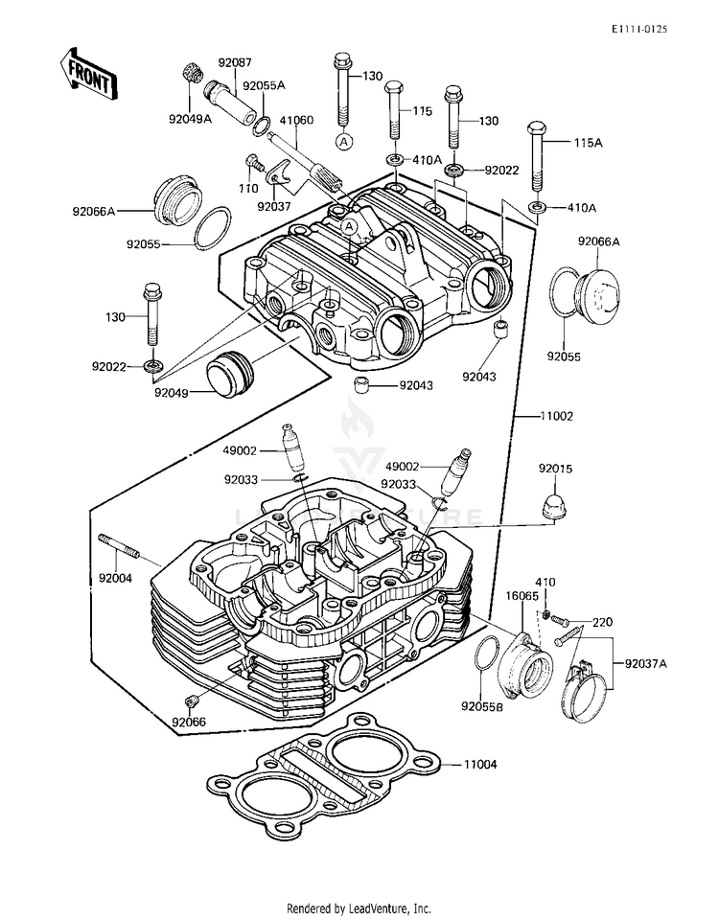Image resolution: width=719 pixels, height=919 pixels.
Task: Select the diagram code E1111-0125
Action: click(x=639, y=29)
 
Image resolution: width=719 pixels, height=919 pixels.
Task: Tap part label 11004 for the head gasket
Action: click(x=479, y=765)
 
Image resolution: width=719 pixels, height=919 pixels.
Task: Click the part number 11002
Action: click(x=556, y=416)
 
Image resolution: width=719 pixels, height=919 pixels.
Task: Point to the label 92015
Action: click(x=555, y=469)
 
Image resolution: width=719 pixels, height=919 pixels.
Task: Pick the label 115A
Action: click(x=589, y=143)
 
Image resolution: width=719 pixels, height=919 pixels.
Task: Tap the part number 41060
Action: click(x=296, y=120)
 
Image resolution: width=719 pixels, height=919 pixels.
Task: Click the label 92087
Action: click(x=235, y=62)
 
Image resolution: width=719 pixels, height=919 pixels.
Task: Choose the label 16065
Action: click(x=522, y=596)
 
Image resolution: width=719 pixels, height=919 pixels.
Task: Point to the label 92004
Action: click(x=115, y=578)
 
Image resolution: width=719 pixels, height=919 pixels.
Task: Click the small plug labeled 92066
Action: click(x=191, y=701)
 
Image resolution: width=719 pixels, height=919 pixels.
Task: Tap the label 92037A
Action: click(x=645, y=664)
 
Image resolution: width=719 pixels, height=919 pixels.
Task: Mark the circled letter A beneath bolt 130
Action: click(x=344, y=141)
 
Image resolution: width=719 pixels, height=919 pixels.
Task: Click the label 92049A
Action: click(x=190, y=119)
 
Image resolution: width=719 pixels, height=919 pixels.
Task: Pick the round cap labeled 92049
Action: click(x=230, y=375)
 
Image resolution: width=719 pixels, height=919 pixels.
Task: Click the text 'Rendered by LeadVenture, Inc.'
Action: click(x=359, y=908)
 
